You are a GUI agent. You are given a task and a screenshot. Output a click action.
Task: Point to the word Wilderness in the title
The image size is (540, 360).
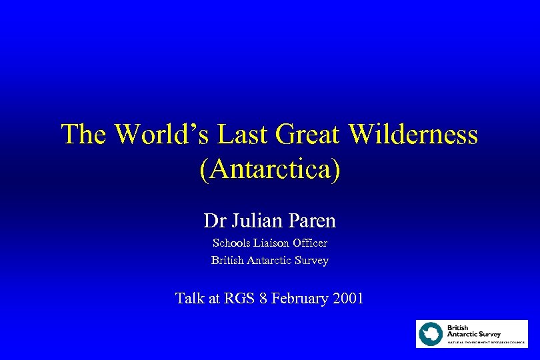(x=413, y=135)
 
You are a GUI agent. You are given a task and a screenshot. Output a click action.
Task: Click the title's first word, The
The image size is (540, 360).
(x=85, y=135)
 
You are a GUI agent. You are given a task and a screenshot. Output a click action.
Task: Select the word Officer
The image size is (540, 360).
(x=311, y=243)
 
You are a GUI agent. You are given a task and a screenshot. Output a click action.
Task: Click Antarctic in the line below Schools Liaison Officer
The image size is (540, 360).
(x=269, y=260)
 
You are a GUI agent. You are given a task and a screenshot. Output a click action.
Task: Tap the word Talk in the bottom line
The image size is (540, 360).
(x=190, y=298)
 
